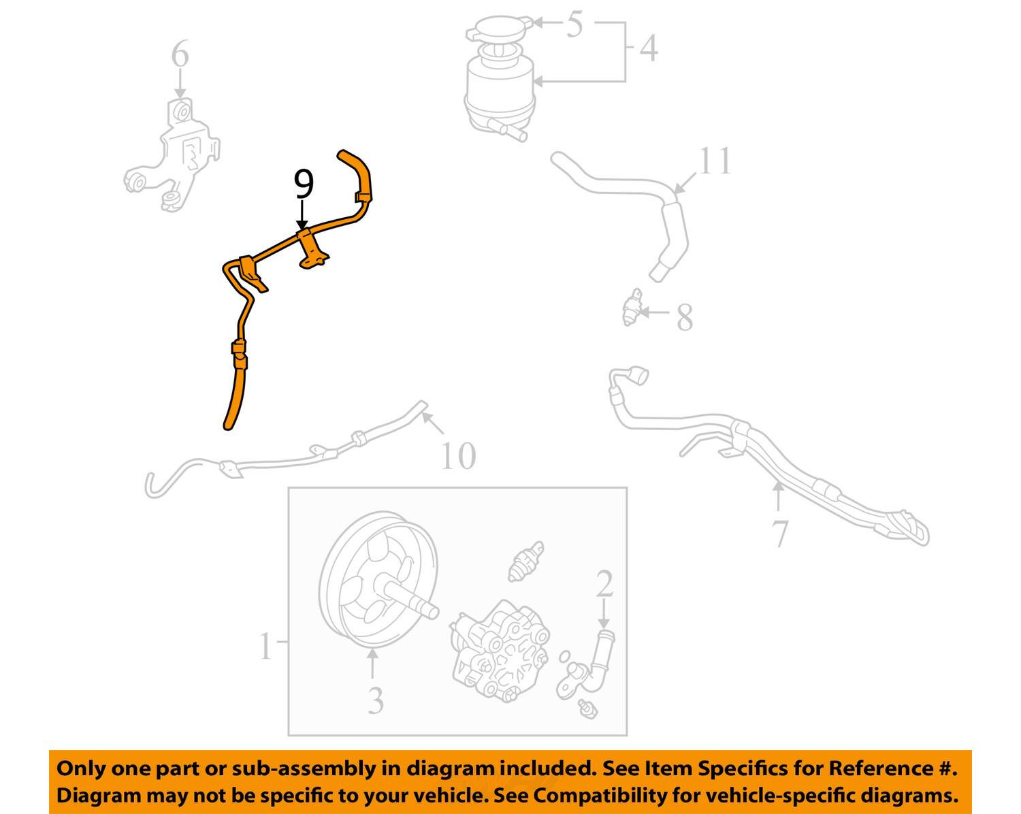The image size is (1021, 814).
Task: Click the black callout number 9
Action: [x=304, y=185]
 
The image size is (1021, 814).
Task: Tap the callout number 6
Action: [x=180, y=54]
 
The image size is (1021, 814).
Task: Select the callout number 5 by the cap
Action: [x=574, y=25]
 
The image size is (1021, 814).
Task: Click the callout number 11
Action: [x=715, y=162]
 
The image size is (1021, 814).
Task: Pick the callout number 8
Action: [x=684, y=317]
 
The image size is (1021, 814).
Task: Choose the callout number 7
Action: [x=780, y=533]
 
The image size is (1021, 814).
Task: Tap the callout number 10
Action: [x=458, y=455]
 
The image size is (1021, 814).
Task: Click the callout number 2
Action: [x=604, y=585]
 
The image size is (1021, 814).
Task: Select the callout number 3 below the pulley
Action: [x=376, y=700]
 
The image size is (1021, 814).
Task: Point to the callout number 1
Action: [x=265, y=646]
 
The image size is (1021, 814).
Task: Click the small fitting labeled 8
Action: [x=633, y=308]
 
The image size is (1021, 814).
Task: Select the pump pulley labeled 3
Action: [x=378, y=582]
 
